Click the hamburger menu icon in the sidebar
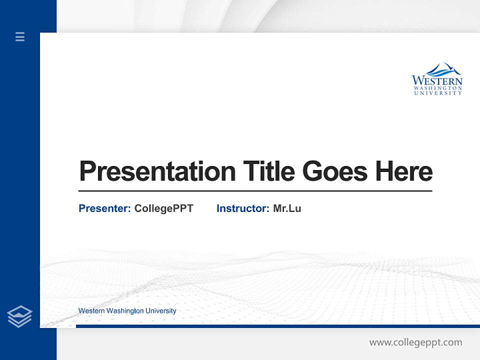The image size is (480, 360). point(20,36)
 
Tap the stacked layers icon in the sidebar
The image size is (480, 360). point(19,316)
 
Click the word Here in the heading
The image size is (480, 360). point(403,171)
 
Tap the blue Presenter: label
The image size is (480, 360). point(104,208)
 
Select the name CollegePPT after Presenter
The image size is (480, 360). point(163,208)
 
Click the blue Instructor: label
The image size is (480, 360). point(242,208)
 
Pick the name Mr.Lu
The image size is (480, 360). point(287,208)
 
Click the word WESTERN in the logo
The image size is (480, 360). point(437,80)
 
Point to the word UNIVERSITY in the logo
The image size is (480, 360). point(438,93)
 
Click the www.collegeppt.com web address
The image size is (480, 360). point(415,342)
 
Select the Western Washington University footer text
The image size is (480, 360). point(127,311)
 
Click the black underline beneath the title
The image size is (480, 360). point(255,190)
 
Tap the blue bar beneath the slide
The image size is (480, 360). point(277,326)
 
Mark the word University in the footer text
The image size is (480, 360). point(161,311)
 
